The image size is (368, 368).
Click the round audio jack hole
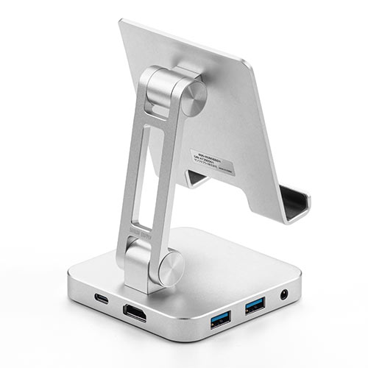285,296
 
